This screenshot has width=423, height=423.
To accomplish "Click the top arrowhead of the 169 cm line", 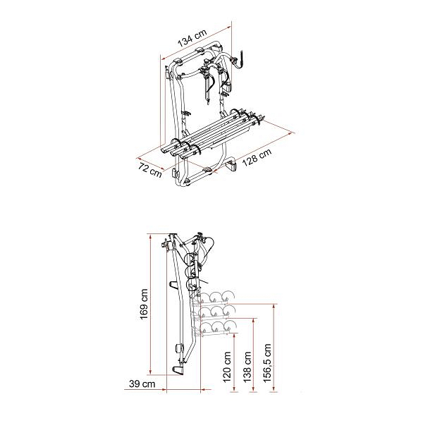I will (x=151, y=236).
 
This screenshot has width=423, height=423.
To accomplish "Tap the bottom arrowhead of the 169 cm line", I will (x=151, y=373).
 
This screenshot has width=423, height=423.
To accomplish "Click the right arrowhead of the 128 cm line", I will (x=291, y=134).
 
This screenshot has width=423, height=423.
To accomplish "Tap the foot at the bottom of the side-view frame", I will (x=178, y=369).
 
